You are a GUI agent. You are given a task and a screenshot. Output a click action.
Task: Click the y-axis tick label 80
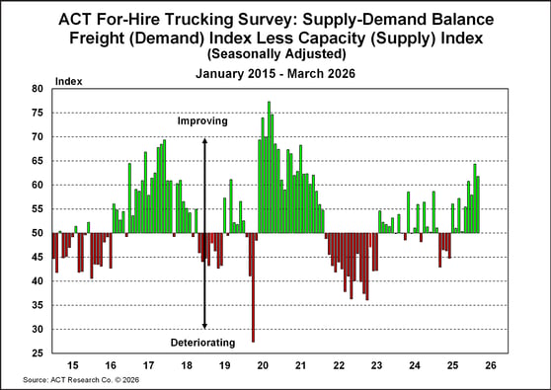pos(37,89)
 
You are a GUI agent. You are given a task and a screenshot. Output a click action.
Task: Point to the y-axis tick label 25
pos(37,353)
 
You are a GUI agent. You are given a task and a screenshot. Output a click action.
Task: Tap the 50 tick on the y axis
pos(37,233)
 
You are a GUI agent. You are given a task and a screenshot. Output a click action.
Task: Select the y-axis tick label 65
pos(37,161)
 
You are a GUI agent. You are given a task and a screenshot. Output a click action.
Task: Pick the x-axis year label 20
pos(264,364)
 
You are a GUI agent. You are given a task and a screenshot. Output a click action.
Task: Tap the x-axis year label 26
pos(490,364)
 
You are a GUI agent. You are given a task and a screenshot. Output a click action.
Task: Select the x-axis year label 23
pos(376,364)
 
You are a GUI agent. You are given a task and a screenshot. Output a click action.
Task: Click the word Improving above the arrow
pos(202,121)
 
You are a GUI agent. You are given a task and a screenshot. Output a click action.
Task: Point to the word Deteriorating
pos(204,342)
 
